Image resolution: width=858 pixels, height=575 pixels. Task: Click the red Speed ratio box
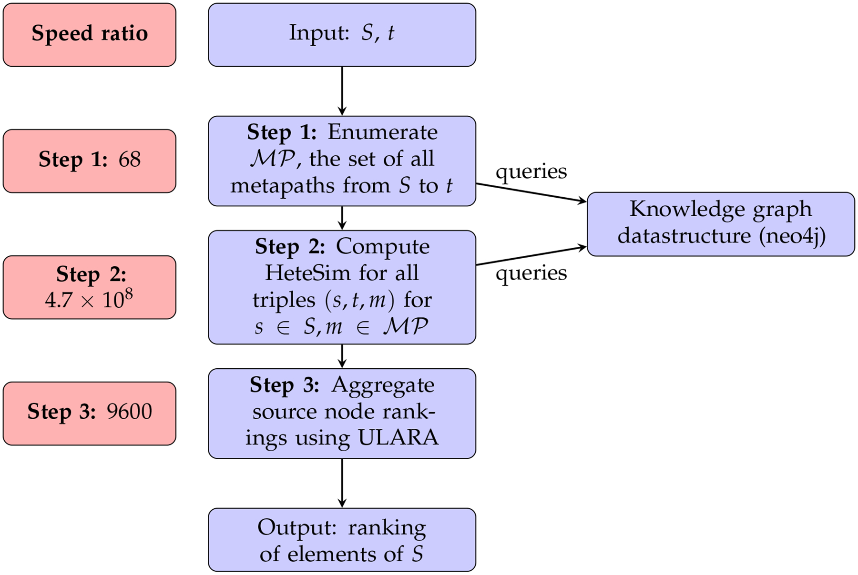tap(90, 35)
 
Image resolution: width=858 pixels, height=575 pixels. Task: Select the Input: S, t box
tap(342, 35)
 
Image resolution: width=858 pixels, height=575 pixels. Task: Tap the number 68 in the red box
tap(130, 159)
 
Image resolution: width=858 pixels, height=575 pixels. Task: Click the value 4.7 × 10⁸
tap(89, 299)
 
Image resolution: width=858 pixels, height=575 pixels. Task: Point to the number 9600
tap(129, 412)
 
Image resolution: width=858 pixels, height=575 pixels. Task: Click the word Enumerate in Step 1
tap(382, 132)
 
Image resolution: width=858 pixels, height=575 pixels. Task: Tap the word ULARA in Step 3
tap(398, 438)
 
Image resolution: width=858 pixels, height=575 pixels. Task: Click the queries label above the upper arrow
tap(531, 172)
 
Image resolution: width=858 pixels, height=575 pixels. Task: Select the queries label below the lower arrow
tap(531, 273)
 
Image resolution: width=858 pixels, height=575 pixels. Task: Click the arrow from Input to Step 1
tap(342, 91)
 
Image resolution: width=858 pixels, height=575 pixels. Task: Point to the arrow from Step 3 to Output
tap(342, 483)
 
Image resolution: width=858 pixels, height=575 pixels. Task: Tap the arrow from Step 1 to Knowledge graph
tap(531, 193)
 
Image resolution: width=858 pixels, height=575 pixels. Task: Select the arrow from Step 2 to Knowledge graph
tap(531, 256)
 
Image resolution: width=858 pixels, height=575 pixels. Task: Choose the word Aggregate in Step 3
tap(383, 385)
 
